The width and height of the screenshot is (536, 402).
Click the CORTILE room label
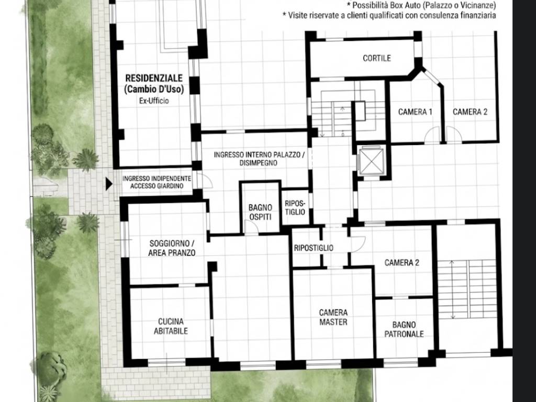(x=377, y=58)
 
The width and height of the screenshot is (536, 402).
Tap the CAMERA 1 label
(x=415, y=112)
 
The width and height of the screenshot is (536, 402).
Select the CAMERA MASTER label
(x=333, y=317)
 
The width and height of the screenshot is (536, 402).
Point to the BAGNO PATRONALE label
(x=404, y=329)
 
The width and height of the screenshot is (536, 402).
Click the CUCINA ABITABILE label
(x=171, y=326)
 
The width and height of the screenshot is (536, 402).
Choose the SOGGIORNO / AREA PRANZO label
(x=172, y=248)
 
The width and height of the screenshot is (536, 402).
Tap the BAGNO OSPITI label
(x=261, y=213)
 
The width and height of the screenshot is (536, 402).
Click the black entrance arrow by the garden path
(x=109, y=184)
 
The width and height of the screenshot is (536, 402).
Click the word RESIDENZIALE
(x=154, y=79)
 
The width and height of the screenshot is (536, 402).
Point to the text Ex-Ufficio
(x=154, y=101)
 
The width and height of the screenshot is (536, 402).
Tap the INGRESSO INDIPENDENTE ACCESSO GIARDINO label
(x=157, y=182)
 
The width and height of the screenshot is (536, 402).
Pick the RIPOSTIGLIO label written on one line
(x=314, y=248)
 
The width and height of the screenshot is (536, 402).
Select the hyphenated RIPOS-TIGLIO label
(x=295, y=207)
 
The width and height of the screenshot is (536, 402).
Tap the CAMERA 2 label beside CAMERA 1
(x=470, y=112)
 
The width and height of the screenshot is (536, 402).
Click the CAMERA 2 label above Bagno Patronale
(x=401, y=263)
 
